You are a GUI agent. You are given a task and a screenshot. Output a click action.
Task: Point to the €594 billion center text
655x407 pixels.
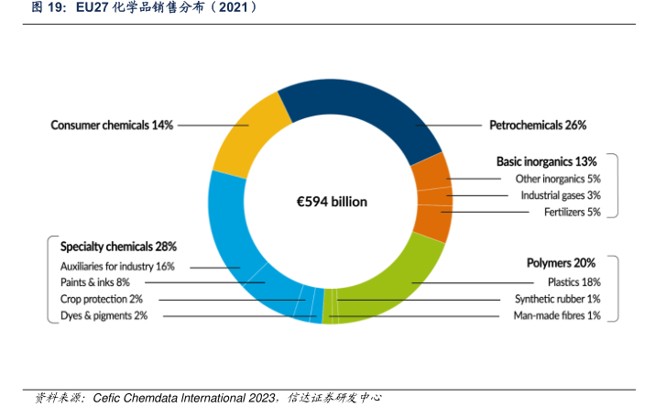330,202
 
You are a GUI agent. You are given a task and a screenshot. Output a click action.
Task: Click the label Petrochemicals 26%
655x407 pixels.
537,125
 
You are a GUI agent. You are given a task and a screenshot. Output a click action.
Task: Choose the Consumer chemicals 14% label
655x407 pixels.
112,125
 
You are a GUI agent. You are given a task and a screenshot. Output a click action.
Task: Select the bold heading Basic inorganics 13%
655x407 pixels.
546,160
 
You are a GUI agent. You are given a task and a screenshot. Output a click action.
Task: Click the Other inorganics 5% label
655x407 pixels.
558,179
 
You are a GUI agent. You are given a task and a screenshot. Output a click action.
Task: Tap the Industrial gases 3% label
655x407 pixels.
561,195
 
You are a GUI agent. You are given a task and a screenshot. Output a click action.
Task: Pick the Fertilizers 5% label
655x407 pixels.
572,212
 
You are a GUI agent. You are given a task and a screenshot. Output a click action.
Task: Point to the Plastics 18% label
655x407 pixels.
573,282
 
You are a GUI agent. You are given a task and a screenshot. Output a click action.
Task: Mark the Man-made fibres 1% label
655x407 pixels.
557,315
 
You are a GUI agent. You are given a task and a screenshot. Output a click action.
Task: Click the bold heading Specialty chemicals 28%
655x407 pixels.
118,247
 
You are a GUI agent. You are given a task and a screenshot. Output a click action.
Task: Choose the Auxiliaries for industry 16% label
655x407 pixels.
117,266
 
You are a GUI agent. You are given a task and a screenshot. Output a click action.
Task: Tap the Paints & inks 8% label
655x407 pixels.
95,282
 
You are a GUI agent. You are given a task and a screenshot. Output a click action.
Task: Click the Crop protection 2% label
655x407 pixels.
102,299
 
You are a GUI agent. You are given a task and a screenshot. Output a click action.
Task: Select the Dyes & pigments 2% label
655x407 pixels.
104,315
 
